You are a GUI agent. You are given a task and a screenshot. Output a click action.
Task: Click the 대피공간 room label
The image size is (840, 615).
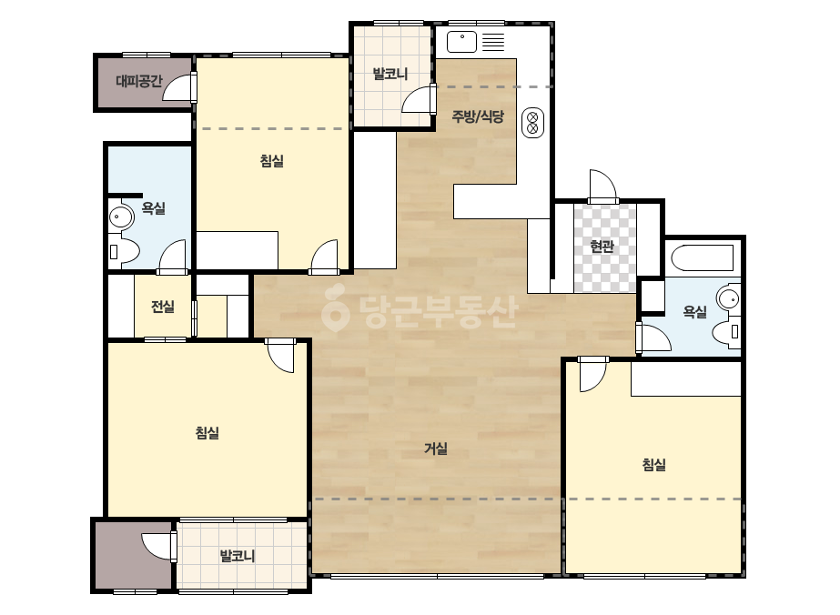click(x=138, y=82)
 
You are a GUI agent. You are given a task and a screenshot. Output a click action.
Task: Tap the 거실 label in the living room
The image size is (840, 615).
click(x=436, y=449)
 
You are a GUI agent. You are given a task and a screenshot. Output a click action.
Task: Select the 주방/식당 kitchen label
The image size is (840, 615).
click(x=478, y=116)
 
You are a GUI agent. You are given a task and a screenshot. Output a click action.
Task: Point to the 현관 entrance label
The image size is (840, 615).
click(x=602, y=247)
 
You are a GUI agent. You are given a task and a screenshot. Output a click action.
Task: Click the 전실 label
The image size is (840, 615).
click(x=162, y=307)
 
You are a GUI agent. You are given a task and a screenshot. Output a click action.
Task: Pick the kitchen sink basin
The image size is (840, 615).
click(x=461, y=42)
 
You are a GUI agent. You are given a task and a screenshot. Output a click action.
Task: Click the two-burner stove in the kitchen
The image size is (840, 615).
click(x=532, y=123)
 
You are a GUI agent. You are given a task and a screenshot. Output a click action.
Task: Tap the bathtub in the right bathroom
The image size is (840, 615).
click(x=703, y=258)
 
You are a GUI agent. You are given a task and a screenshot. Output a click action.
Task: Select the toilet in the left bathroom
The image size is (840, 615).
click(x=124, y=251)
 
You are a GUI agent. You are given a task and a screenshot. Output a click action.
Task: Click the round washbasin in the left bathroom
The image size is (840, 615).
click(x=121, y=217)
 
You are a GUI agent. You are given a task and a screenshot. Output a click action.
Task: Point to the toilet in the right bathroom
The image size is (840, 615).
click(x=726, y=331)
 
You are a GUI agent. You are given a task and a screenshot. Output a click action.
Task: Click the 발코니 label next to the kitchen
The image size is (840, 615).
click(x=390, y=74)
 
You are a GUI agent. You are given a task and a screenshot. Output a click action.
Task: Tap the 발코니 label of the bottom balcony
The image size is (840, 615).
click(x=238, y=556)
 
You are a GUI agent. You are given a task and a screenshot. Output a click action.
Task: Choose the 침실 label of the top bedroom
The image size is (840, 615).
click(x=271, y=161)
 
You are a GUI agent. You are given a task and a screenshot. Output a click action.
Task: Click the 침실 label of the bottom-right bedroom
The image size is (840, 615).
click(x=654, y=465)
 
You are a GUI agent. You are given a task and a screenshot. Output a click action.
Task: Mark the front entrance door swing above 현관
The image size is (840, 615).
click(x=602, y=187)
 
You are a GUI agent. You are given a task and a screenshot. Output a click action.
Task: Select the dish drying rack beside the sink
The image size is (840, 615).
click(x=493, y=42)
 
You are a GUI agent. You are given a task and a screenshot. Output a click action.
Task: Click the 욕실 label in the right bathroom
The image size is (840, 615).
click(x=694, y=311)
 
